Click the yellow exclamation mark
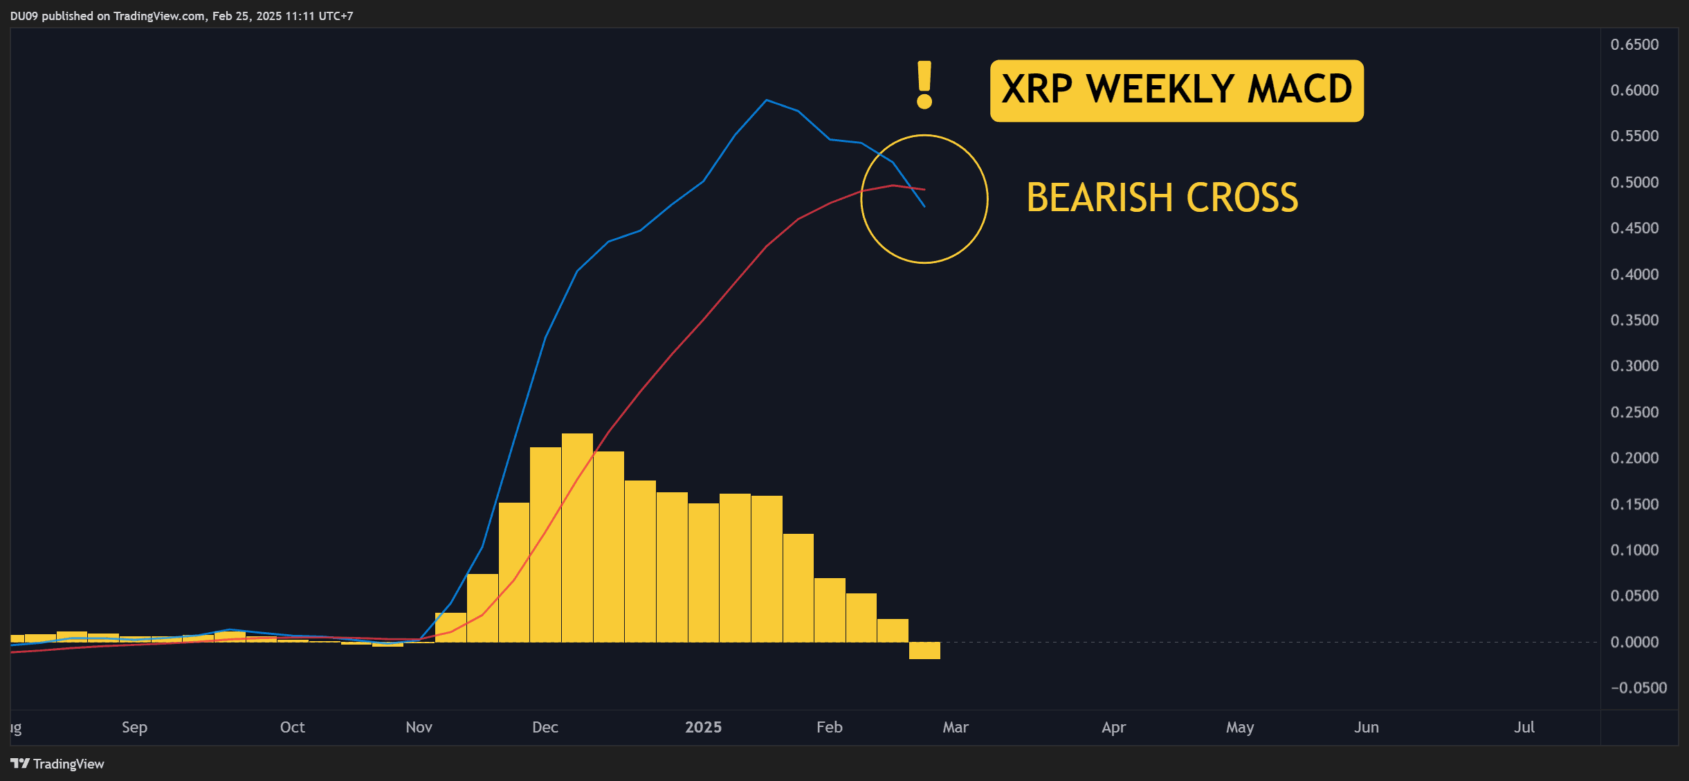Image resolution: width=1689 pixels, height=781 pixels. pos(924,84)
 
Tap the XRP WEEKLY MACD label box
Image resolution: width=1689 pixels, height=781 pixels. pos(1176,91)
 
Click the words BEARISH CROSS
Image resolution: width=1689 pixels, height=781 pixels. pos(1162,198)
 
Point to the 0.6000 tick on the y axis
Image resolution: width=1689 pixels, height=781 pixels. pos(1634,90)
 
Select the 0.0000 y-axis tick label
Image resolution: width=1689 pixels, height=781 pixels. pos(1634,642)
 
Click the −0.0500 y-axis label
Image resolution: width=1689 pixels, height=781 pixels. pos(1638,688)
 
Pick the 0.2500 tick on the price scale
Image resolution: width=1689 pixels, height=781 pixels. pos(1634,412)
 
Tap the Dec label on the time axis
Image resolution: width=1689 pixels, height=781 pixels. pos(545,727)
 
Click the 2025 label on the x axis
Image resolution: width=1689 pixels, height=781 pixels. pos(703,727)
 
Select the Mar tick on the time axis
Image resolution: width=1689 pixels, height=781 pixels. pos(956,727)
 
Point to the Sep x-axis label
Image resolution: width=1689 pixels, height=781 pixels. pos(134,727)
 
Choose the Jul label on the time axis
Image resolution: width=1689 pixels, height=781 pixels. pos(1524,727)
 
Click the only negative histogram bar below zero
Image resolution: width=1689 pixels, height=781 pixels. pos(924,650)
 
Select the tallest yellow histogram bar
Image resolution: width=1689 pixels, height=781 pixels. pos(577,538)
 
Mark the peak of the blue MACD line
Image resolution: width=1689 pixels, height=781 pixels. pos(766,100)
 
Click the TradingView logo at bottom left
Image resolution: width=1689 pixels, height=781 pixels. pos(57,764)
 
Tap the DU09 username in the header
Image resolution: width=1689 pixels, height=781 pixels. pos(24,16)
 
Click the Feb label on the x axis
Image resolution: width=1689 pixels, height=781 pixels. pos(829,727)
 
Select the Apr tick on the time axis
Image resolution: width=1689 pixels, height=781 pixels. pos(1113,727)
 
